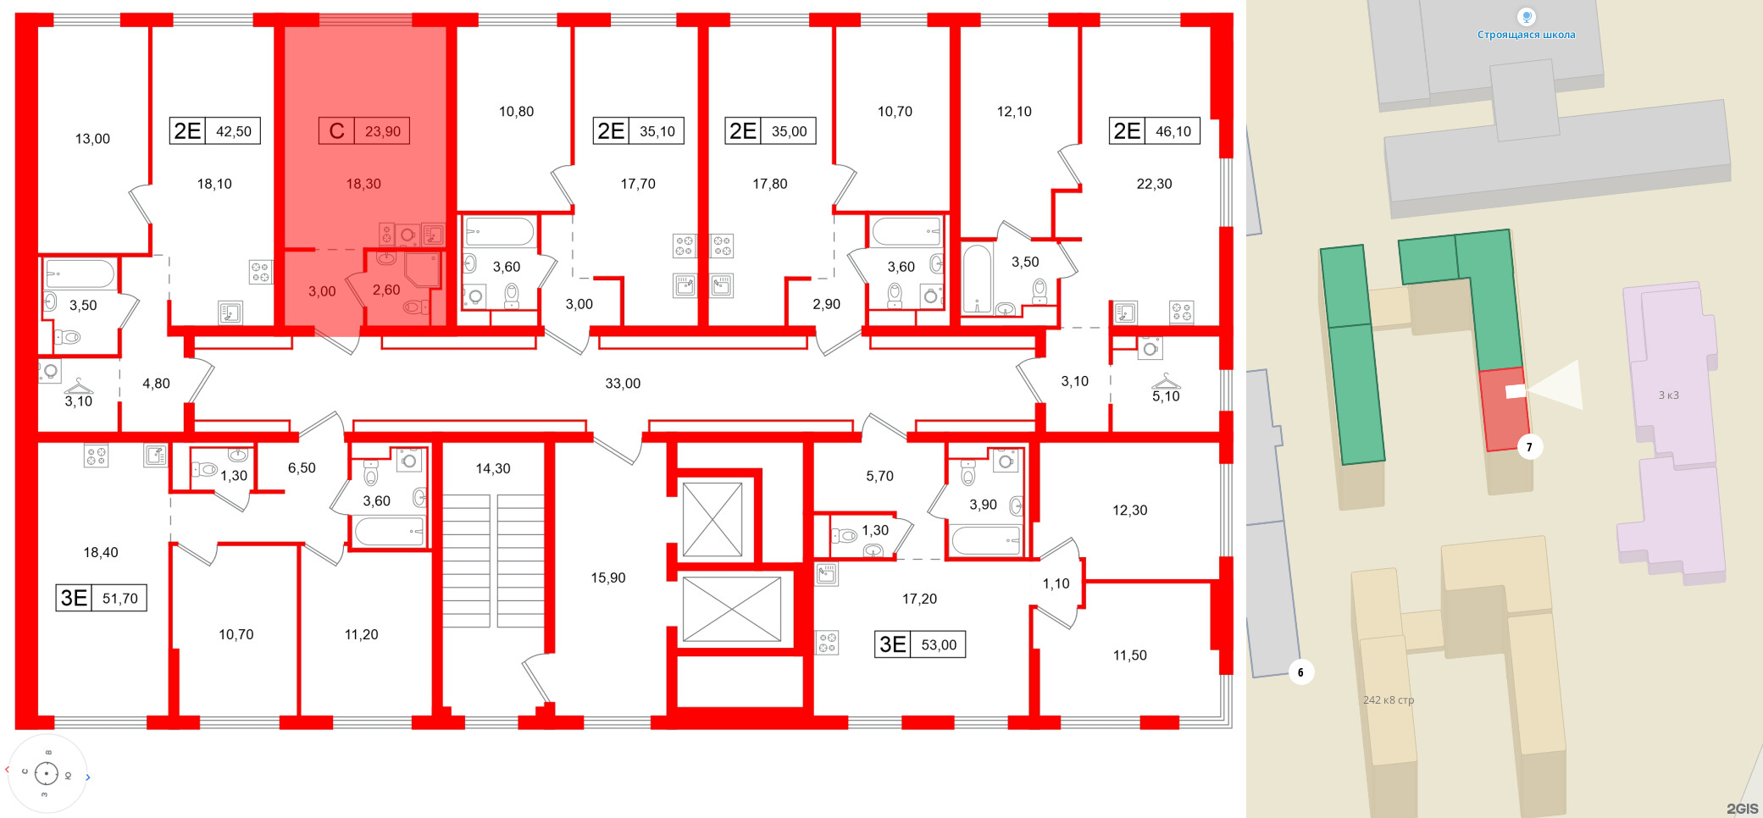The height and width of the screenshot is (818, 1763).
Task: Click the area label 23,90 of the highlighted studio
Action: [x=383, y=131]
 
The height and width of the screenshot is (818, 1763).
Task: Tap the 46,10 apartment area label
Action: [x=1173, y=131]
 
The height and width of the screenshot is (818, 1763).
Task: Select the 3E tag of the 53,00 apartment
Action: [x=893, y=644]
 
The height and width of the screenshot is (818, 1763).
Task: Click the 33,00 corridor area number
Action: [x=623, y=384]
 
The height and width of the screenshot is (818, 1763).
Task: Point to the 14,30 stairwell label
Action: [x=493, y=468]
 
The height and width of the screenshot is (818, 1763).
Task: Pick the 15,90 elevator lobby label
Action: [x=608, y=578]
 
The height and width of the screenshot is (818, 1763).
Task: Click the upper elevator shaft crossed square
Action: [x=712, y=519]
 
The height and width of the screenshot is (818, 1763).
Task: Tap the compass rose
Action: [x=47, y=773]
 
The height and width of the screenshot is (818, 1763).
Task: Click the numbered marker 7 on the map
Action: [x=1529, y=447]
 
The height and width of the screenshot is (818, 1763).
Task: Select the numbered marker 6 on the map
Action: [x=1301, y=672]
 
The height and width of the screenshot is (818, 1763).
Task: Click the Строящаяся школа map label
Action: [x=1527, y=35]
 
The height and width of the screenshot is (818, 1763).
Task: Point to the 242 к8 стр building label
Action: [x=1389, y=700]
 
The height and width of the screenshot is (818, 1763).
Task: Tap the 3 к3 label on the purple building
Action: [x=1668, y=395]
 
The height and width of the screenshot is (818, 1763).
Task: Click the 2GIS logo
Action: [x=1742, y=809]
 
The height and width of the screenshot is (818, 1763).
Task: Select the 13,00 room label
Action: [x=92, y=139]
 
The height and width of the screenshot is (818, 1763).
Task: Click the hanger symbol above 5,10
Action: [x=1166, y=380]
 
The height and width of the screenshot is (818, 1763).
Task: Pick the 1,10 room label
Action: [x=1056, y=583]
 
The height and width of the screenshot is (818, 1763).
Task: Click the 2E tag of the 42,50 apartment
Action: [x=187, y=131]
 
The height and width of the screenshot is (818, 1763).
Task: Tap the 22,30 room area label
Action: [x=1154, y=184]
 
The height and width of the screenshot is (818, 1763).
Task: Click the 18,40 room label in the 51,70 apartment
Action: [x=101, y=552]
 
